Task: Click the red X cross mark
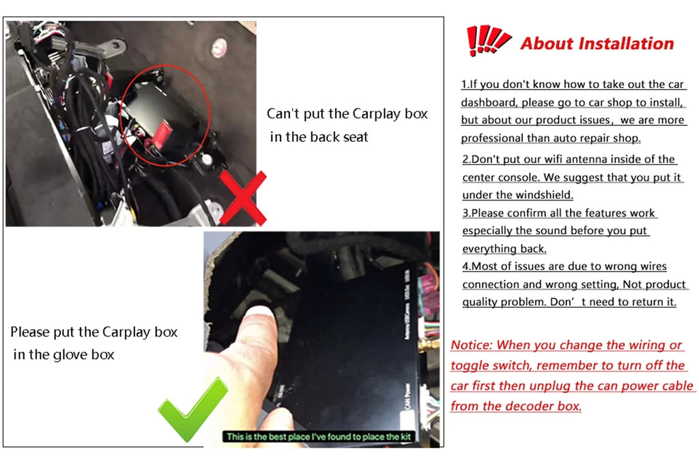coord(243,199)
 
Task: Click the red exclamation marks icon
coord(487,40)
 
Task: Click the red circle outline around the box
coord(165,115)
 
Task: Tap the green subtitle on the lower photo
coord(319,437)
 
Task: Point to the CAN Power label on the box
coord(407,396)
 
